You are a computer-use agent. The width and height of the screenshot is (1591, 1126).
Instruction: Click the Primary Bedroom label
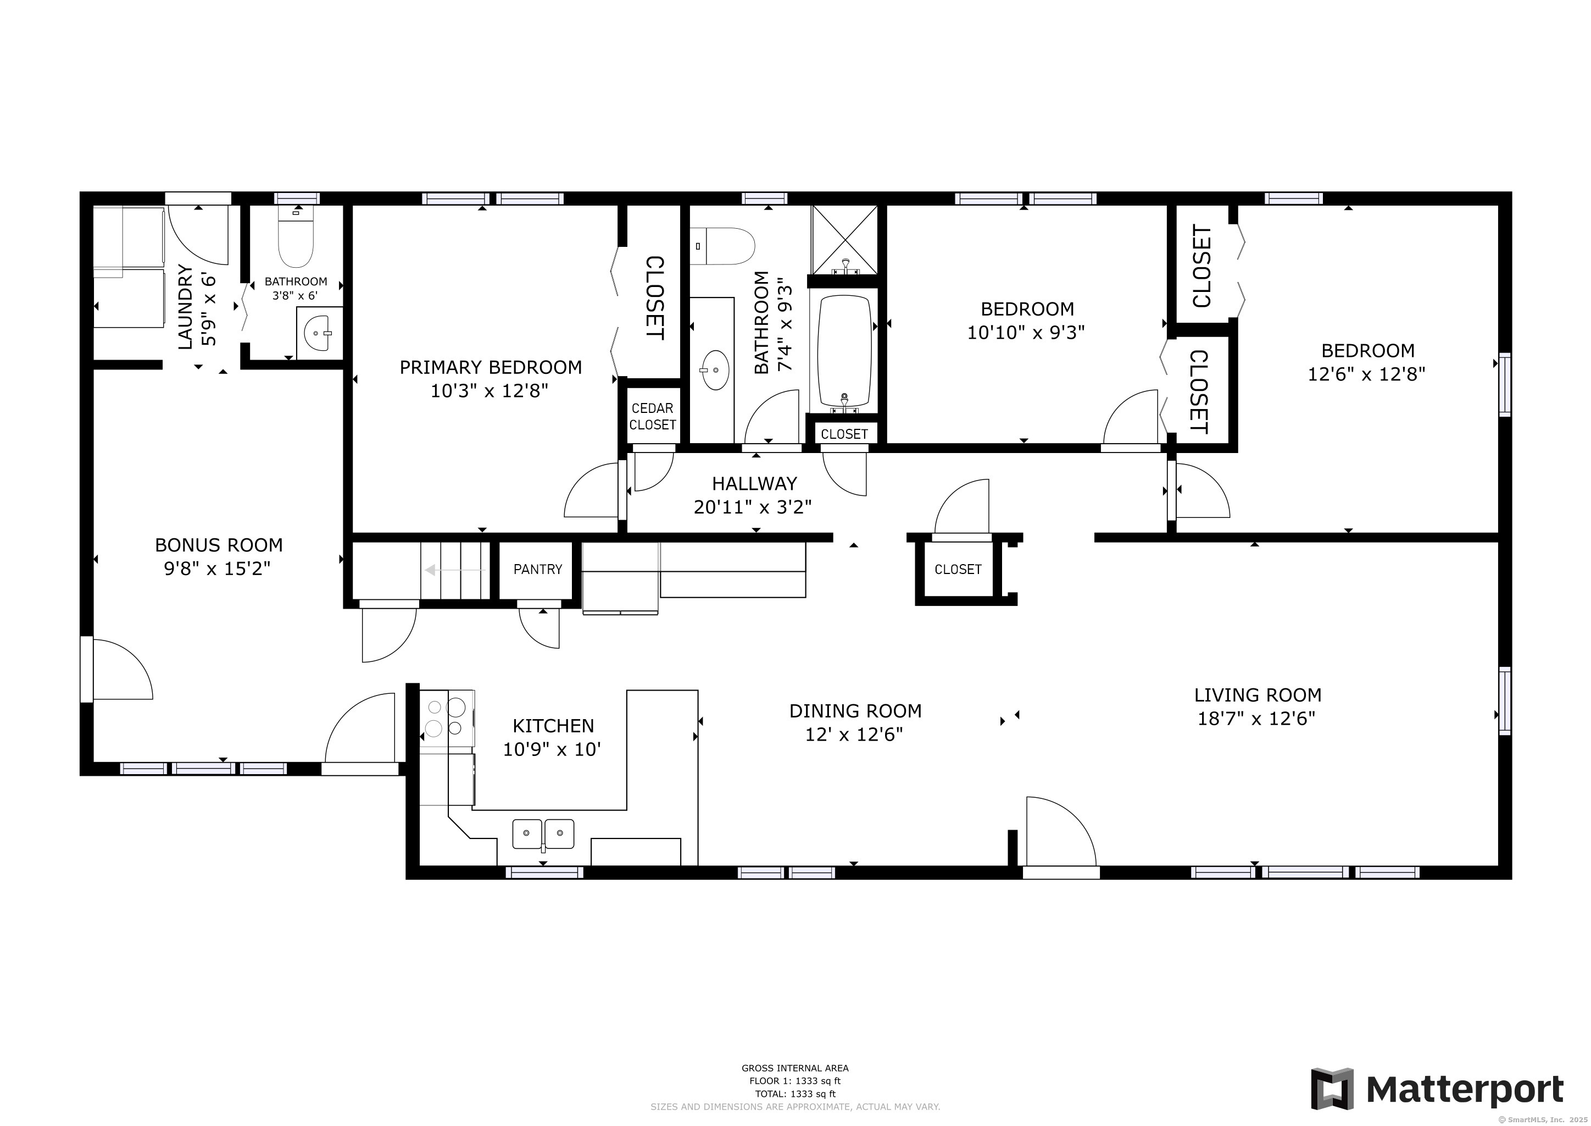(x=491, y=367)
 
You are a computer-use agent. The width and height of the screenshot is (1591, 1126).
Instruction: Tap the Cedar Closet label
(x=652, y=416)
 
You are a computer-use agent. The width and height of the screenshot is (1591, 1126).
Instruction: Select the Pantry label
(x=537, y=569)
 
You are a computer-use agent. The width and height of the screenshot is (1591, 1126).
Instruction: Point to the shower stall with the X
(x=845, y=239)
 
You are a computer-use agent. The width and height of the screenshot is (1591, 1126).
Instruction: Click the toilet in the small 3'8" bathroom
(x=296, y=239)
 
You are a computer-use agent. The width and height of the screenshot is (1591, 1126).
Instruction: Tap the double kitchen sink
(x=543, y=834)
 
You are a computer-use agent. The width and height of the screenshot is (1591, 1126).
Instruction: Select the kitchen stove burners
(x=446, y=717)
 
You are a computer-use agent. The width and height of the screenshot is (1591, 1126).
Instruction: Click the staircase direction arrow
(x=454, y=570)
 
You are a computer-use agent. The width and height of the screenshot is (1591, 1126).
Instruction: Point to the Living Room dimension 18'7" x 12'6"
(x=1256, y=718)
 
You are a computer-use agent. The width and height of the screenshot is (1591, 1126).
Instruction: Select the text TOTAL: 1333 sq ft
(x=795, y=1094)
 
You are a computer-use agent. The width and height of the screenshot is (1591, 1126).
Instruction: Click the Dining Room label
(x=855, y=711)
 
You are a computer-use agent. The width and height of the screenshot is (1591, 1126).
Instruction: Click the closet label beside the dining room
(x=958, y=569)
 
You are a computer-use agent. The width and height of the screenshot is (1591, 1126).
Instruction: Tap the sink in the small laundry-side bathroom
(x=319, y=334)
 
